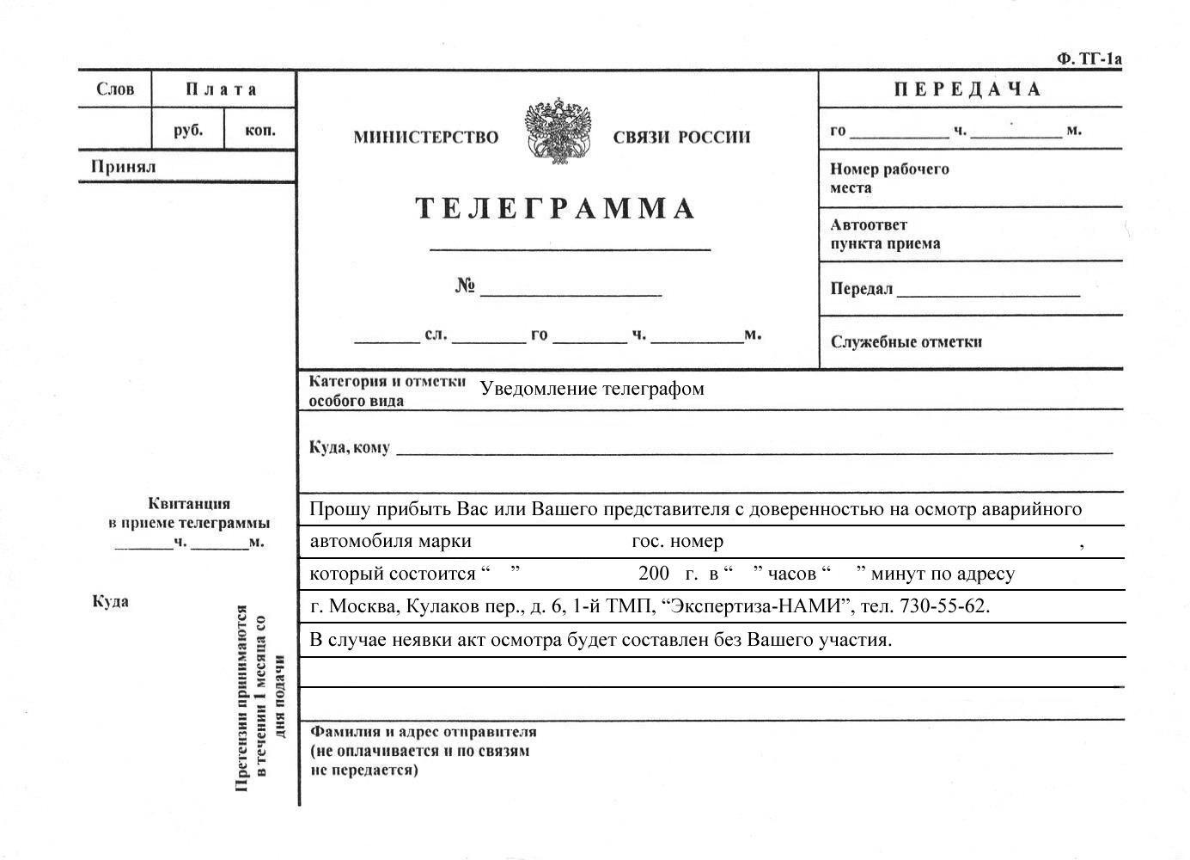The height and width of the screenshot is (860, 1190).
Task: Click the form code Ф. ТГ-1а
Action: pyautogui.click(x=1089, y=58)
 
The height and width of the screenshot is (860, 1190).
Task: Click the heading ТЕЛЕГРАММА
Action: pyautogui.click(x=555, y=209)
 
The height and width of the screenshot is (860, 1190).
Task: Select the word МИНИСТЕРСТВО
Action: pyautogui.click(x=425, y=138)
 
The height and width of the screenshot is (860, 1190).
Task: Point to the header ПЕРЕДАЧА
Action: pyautogui.click(x=967, y=89)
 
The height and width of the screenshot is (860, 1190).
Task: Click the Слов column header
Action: pyautogui.click(x=115, y=89)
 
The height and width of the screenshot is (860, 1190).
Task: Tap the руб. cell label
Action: pyautogui.click(x=188, y=131)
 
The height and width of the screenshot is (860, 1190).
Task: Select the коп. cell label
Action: pyautogui.click(x=259, y=131)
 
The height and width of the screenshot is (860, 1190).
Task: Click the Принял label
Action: pyautogui.click(x=124, y=167)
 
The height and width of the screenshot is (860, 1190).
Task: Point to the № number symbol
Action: pyautogui.click(x=465, y=286)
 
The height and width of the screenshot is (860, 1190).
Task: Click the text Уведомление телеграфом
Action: pyautogui.click(x=592, y=389)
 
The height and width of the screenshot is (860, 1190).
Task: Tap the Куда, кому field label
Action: pyautogui.click(x=349, y=447)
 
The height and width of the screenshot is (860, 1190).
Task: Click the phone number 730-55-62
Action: pyautogui.click(x=943, y=606)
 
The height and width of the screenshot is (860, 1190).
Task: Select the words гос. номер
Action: pyautogui.click(x=677, y=542)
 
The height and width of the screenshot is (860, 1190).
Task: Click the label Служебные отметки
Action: pyautogui.click(x=906, y=342)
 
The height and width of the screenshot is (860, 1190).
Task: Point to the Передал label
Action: pyautogui.click(x=861, y=289)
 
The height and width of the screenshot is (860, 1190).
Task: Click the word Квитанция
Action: pyautogui.click(x=189, y=504)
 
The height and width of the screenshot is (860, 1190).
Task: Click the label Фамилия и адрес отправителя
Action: pyautogui.click(x=423, y=732)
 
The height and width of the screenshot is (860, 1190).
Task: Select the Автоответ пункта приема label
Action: pyautogui.click(x=884, y=234)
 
